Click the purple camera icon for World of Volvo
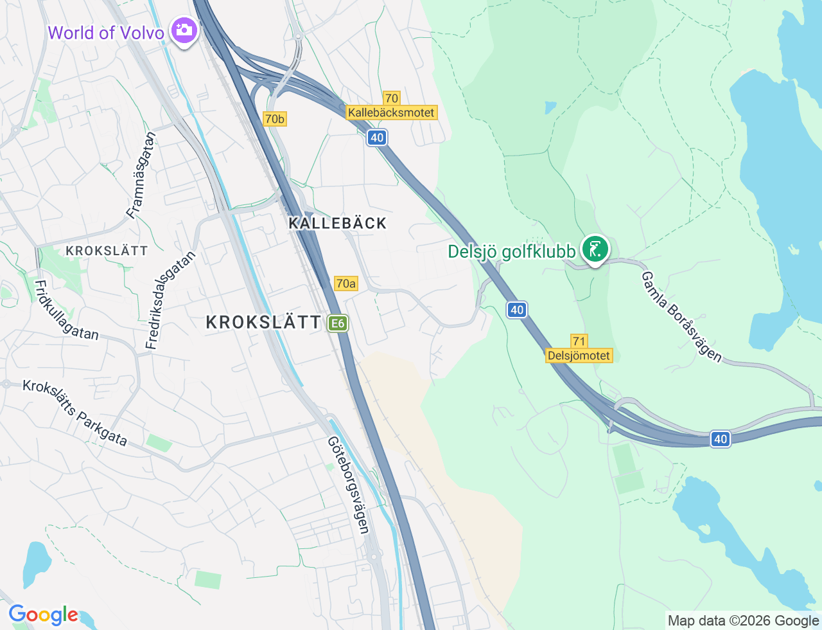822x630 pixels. point(184,30)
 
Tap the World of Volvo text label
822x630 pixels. point(106,33)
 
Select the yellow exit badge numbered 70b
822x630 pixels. point(274,119)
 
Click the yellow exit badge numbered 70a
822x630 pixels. point(345,283)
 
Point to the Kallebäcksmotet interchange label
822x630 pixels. point(391,113)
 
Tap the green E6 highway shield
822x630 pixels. point(338,323)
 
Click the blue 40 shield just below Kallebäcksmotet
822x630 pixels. point(377,138)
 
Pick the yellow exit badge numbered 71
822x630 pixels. point(579,341)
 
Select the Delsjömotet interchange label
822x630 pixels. point(579,355)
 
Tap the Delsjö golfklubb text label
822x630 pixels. point(512,251)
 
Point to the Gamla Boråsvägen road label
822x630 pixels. point(682,316)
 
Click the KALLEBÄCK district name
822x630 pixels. point(338,224)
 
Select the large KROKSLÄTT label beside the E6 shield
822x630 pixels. point(263,323)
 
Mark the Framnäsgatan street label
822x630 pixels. point(141,175)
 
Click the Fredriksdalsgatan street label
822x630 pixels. point(170,300)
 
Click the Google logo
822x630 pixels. point(42,615)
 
